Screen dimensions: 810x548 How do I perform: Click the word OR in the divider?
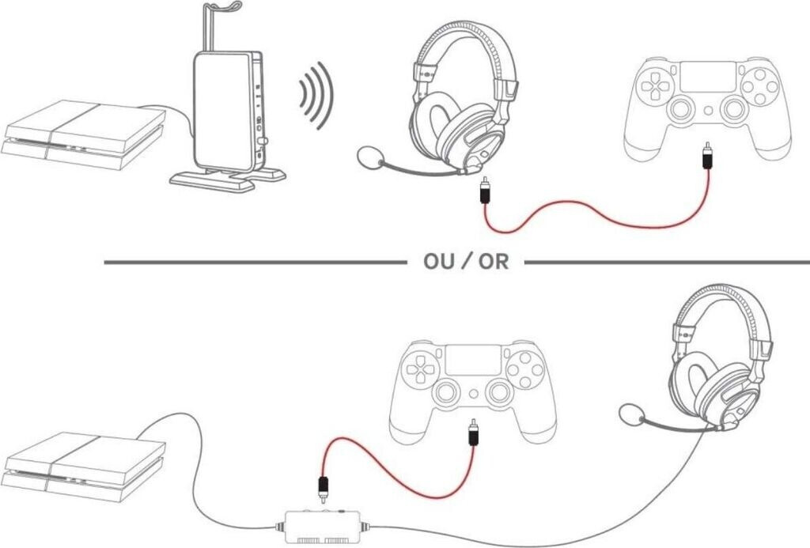[490, 262]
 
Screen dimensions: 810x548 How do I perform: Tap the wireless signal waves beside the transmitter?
[316, 96]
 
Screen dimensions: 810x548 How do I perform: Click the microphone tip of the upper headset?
[368, 157]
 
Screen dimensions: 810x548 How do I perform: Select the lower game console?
[83, 467]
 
